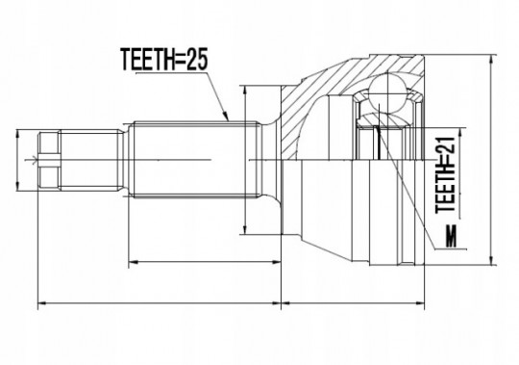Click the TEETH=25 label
coord(164,59)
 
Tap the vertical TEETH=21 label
coord(446,175)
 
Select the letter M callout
coord(451,236)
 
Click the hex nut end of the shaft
coord(49,160)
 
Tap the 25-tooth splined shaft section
coord(194,160)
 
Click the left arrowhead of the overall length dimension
coord(42,303)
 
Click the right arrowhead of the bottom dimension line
coord(420,303)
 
